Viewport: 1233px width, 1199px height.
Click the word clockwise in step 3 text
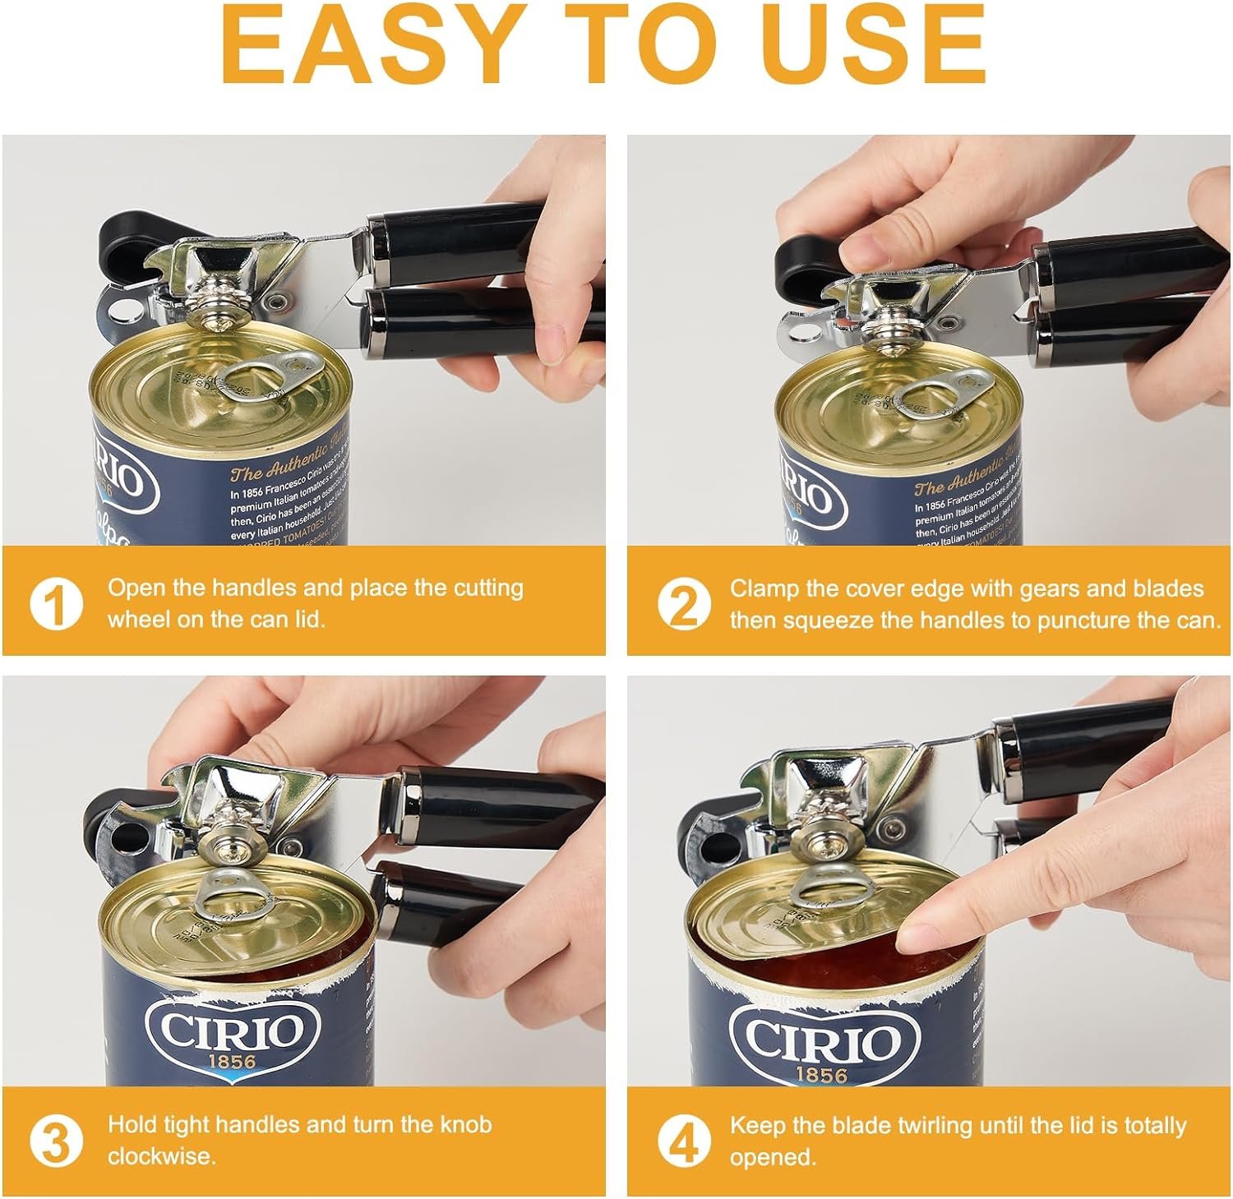tap(161, 1156)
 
